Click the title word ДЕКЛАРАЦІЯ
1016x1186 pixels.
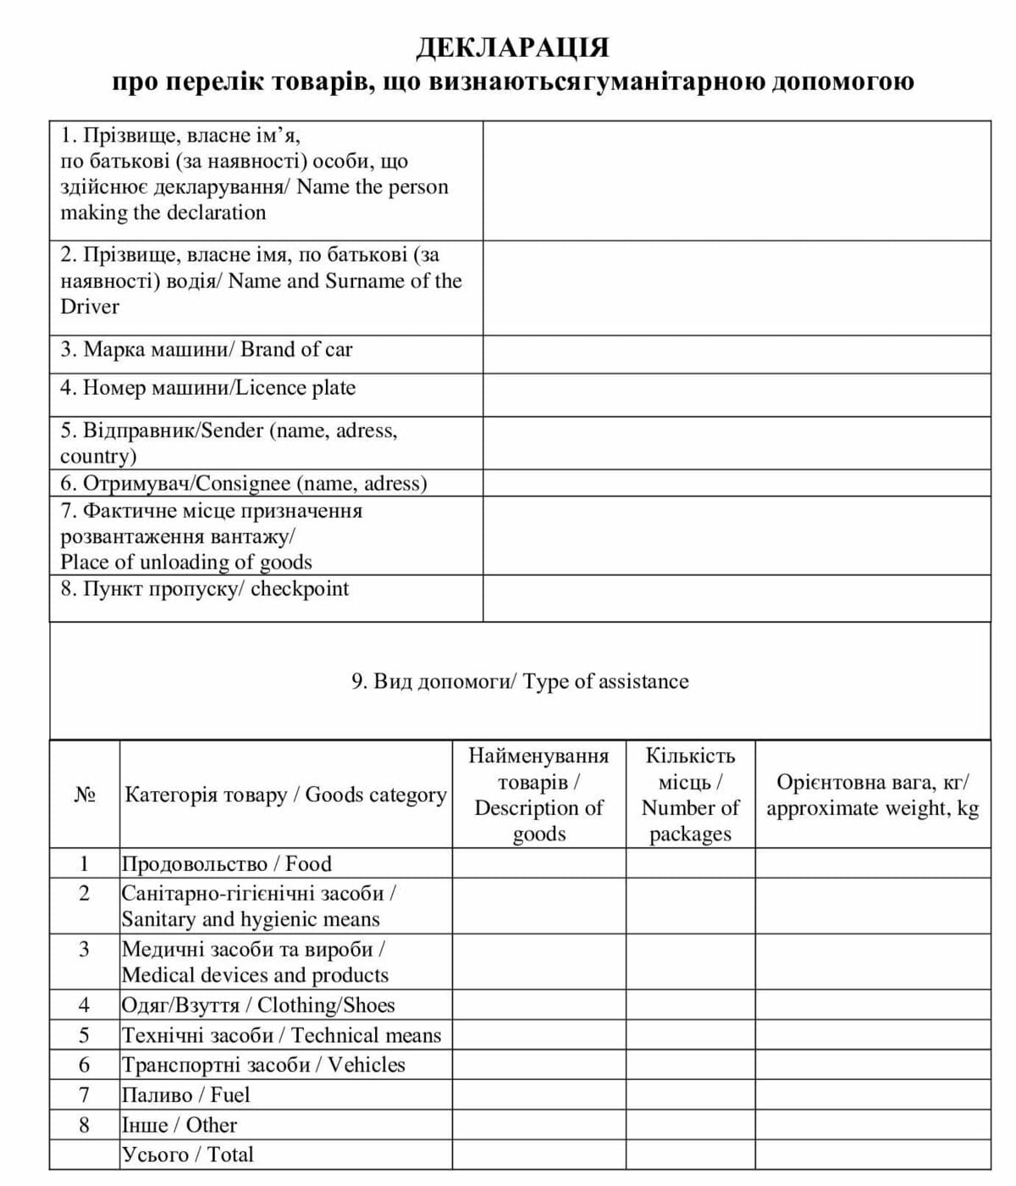[x=512, y=47]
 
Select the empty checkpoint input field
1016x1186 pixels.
[x=737, y=598]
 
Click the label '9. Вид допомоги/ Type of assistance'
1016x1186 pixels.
[x=520, y=681]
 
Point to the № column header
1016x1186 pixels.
[x=84, y=795]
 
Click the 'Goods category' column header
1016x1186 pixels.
[x=285, y=795]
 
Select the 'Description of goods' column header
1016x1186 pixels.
[x=538, y=795]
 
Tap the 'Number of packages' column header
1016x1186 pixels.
[x=690, y=795]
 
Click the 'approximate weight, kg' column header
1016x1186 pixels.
[x=872, y=795]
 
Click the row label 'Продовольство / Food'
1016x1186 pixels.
[x=227, y=863]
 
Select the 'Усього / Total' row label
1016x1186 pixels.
[x=188, y=1154]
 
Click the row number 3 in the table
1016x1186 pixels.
[x=84, y=949]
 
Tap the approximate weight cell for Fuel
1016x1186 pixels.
[x=872, y=1095]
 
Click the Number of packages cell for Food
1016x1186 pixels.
[x=690, y=863]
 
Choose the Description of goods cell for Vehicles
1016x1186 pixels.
[x=538, y=1065]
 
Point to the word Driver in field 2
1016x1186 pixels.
[x=90, y=307]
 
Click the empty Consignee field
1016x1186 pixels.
[x=737, y=483]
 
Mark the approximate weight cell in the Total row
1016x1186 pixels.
[x=872, y=1155]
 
